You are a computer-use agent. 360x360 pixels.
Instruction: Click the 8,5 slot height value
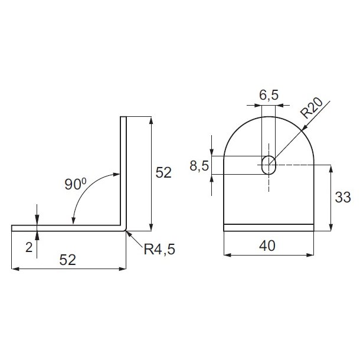(x=199, y=166)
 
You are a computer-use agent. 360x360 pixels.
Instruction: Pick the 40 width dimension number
(x=269, y=244)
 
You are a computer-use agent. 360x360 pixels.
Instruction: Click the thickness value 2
(x=28, y=247)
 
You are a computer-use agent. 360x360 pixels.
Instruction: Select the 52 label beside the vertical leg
(x=163, y=173)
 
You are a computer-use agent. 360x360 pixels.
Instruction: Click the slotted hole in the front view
(x=269, y=165)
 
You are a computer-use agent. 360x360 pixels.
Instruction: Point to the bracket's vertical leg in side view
(x=123, y=171)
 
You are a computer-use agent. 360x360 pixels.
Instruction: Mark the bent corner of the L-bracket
(x=125, y=229)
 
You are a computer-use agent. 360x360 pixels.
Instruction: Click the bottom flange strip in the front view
(x=269, y=228)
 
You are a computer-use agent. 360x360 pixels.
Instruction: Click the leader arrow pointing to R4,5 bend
(x=130, y=235)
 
